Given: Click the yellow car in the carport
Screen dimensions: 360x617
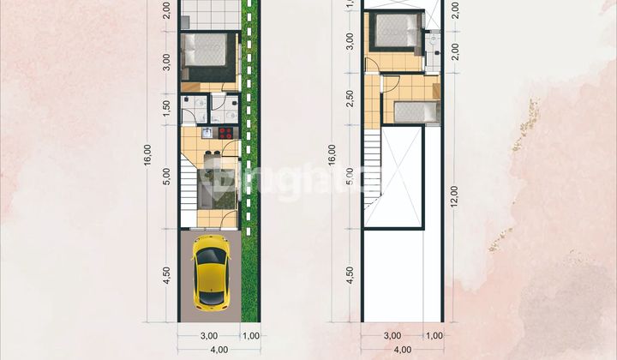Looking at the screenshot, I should click(x=210, y=273).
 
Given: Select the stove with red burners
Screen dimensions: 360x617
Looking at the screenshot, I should click(x=225, y=132).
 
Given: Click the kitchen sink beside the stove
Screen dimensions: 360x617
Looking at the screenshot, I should click(x=208, y=132).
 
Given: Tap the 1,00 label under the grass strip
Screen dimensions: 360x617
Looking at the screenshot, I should click(x=250, y=335).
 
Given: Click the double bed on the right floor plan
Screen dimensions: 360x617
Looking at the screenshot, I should click(x=395, y=32).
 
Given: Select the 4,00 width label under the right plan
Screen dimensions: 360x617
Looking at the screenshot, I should click(x=402, y=349).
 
